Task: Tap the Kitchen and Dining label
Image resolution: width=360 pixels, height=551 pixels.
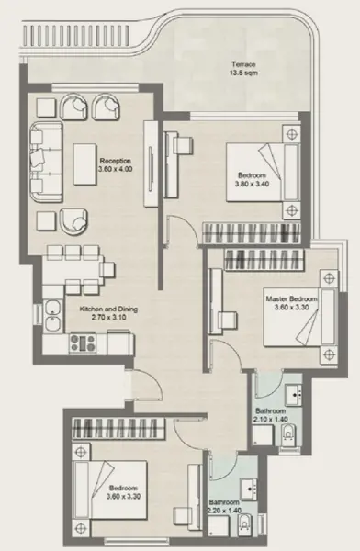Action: click(108, 314)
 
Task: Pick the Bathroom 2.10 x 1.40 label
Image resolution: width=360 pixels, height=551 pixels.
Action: click(270, 414)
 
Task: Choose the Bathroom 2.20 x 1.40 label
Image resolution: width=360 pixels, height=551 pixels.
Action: click(224, 506)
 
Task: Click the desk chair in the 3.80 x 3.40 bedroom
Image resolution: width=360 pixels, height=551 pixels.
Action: click(188, 142)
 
